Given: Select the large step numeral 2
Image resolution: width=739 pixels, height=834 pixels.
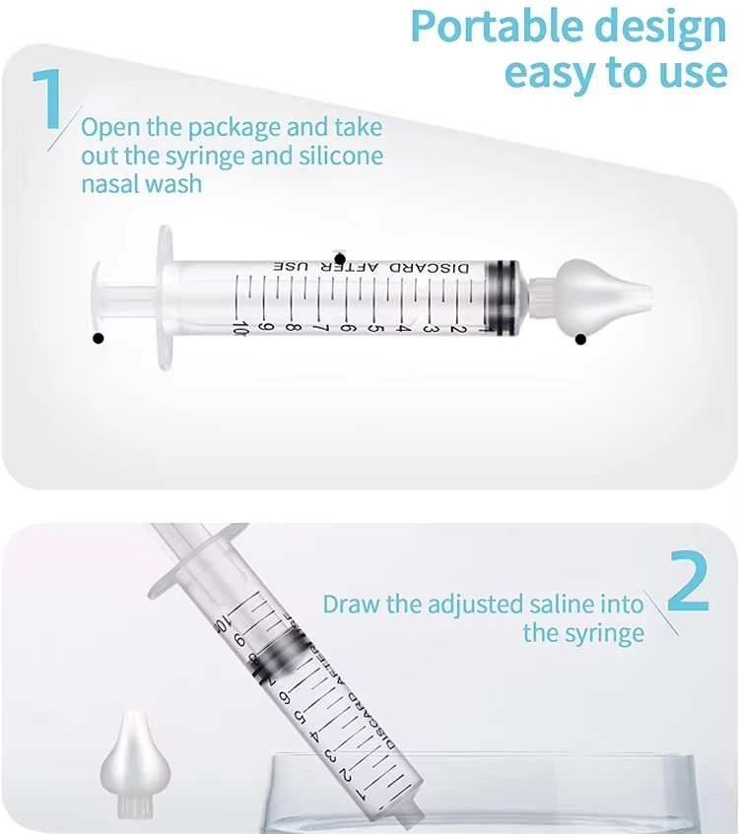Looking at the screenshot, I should click(x=688, y=589).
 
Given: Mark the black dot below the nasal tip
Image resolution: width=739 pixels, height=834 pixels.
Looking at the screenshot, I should click(x=580, y=340).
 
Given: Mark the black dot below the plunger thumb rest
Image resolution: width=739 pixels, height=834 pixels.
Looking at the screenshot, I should click(x=98, y=340).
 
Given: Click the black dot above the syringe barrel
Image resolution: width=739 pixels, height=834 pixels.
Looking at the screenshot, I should click(x=340, y=256).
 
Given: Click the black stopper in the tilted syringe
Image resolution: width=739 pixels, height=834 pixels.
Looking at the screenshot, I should click(x=271, y=656).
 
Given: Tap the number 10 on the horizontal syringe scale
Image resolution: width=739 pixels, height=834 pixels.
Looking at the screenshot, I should click(x=239, y=325).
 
